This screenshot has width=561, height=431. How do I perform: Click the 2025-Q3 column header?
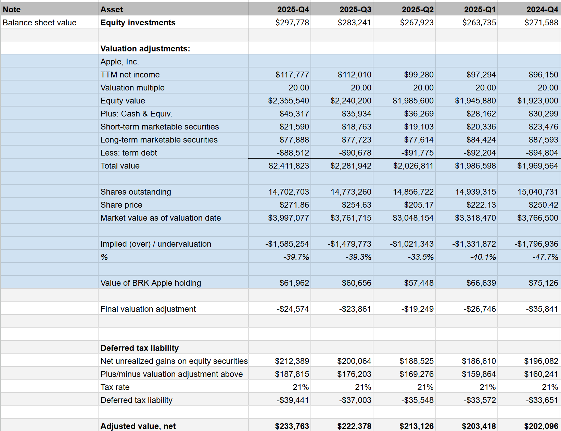coord(355,10)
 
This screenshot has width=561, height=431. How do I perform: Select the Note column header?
coord(12,10)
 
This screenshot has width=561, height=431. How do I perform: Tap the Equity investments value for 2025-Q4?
coord(292,23)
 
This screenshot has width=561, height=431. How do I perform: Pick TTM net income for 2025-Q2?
coord(419,75)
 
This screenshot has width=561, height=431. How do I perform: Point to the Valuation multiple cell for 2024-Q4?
coord(548,88)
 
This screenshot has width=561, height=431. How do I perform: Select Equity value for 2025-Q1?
coord(475,101)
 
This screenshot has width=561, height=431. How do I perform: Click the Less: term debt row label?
coord(129,153)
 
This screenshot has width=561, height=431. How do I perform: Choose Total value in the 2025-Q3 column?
coord(350,166)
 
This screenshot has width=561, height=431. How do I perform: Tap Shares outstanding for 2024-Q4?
coord(537,192)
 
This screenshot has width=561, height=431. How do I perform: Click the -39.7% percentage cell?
coord(296,257)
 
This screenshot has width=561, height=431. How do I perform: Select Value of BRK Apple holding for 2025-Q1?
coord(481,283)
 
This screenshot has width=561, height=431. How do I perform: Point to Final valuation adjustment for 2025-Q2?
coord(417,309)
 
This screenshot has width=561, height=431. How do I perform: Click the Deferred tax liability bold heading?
coord(140,348)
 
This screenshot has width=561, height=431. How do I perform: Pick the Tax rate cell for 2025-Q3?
coord(363,387)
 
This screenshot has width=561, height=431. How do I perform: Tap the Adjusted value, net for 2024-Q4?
coord(541,426)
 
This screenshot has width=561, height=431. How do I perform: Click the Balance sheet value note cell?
coord(40,23)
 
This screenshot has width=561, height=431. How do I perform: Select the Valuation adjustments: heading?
coord(145,49)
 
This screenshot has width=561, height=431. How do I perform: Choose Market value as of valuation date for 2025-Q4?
coord(288,218)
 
